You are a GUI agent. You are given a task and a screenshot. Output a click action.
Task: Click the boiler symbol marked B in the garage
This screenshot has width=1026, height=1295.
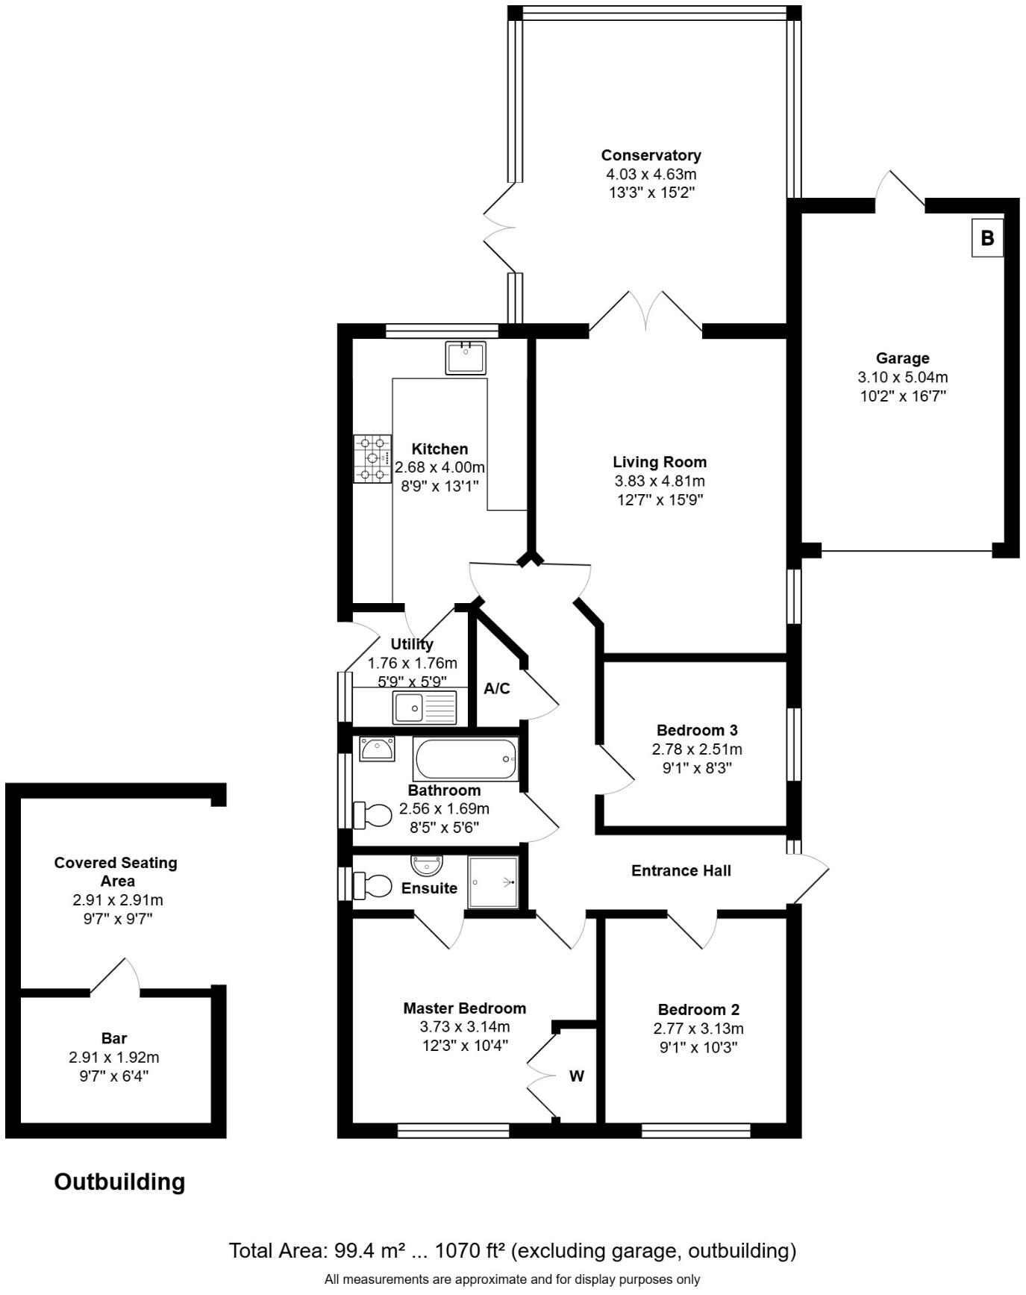(x=986, y=238)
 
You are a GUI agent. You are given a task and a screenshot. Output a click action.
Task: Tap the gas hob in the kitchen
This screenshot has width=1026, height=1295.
(x=372, y=459)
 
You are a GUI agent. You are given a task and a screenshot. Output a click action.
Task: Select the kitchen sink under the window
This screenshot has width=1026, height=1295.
(x=465, y=358)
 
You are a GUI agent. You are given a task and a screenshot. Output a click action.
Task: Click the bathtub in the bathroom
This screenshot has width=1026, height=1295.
(x=465, y=759)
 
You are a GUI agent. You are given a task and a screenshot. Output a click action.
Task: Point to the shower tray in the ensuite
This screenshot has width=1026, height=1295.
(x=492, y=882)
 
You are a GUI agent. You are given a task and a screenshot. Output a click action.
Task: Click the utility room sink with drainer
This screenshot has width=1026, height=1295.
(x=425, y=707)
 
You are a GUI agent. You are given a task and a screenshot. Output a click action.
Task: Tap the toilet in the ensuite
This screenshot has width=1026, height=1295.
(x=373, y=886)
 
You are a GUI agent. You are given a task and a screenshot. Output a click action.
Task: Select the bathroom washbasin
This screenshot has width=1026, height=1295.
(x=377, y=749)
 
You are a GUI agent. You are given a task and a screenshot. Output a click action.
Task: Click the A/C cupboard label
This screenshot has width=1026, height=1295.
(x=497, y=688)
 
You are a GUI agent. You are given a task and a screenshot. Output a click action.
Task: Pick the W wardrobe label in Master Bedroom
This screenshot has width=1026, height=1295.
(x=577, y=1076)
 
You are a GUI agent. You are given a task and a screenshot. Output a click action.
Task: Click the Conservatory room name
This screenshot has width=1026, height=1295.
(x=651, y=155)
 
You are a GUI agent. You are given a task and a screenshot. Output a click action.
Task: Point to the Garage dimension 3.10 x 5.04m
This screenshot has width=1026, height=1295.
(x=903, y=378)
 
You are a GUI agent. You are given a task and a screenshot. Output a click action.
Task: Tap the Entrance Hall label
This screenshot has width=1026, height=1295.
(x=681, y=870)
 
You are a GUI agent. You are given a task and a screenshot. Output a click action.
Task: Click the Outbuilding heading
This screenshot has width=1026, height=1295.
(x=119, y=1182)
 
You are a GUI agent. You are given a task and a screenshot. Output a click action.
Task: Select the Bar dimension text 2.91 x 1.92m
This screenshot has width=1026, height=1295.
(x=114, y=1058)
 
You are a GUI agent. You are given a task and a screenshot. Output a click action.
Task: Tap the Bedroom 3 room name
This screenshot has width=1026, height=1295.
(x=697, y=730)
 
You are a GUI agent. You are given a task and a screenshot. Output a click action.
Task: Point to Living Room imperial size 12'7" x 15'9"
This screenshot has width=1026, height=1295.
(x=660, y=500)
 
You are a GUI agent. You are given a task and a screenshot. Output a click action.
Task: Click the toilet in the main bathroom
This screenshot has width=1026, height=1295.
(x=373, y=815)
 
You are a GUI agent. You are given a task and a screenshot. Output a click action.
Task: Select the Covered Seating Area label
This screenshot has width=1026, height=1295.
(x=116, y=871)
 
